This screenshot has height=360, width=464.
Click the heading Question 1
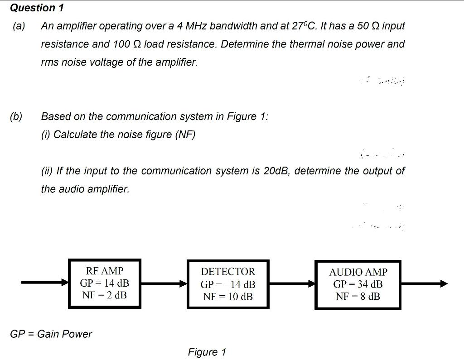point(37,8)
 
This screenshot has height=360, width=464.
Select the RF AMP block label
point(104,271)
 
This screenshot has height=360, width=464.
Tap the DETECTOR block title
point(228,272)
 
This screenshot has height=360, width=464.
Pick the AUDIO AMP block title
point(358,272)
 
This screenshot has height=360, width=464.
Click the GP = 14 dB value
point(104,283)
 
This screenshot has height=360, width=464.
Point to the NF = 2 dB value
point(104,295)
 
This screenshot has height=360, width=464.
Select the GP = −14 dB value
point(228,285)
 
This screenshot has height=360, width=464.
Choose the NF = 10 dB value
point(228,297)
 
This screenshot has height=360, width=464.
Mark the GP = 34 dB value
point(358,284)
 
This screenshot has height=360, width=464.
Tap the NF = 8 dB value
point(358,297)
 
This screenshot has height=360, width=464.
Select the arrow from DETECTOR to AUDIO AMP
point(292,284)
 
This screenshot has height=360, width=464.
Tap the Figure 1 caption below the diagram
point(207,352)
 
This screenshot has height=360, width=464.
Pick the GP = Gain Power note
point(51,334)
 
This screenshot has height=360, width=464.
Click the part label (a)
point(19,26)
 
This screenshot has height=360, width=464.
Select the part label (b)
point(16,116)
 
